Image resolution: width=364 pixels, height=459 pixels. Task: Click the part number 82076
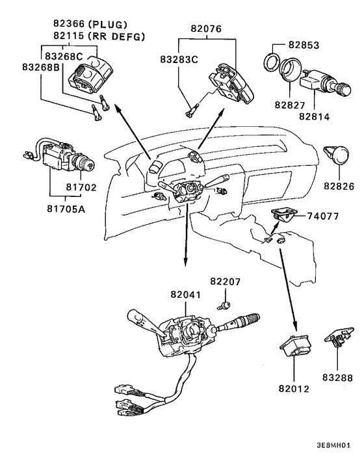[x=206, y=29]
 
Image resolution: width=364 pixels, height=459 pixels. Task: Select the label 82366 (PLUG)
[x=90, y=23]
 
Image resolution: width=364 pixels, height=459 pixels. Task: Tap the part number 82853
[x=304, y=45]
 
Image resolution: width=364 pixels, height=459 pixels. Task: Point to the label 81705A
[x=66, y=209]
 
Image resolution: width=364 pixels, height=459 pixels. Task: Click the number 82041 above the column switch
[x=186, y=295]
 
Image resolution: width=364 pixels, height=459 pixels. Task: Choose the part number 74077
[x=323, y=216]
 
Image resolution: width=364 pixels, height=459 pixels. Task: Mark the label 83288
[x=337, y=378]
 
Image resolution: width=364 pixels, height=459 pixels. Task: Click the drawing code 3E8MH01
[x=333, y=445]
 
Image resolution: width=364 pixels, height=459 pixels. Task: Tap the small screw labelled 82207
[x=223, y=306]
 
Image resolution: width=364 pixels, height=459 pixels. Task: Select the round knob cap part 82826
[x=337, y=155]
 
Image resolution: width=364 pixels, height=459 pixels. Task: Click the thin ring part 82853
[x=271, y=62]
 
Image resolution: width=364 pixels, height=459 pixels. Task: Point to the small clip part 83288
[x=339, y=336]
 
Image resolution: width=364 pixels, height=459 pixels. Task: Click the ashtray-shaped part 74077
[x=282, y=214]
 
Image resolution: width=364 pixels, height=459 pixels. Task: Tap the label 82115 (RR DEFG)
[x=99, y=36]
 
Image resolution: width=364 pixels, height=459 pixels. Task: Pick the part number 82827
[x=290, y=105]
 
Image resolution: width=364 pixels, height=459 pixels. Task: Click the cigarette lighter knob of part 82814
[x=343, y=89]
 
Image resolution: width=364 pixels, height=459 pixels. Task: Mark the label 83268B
[x=41, y=67]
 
